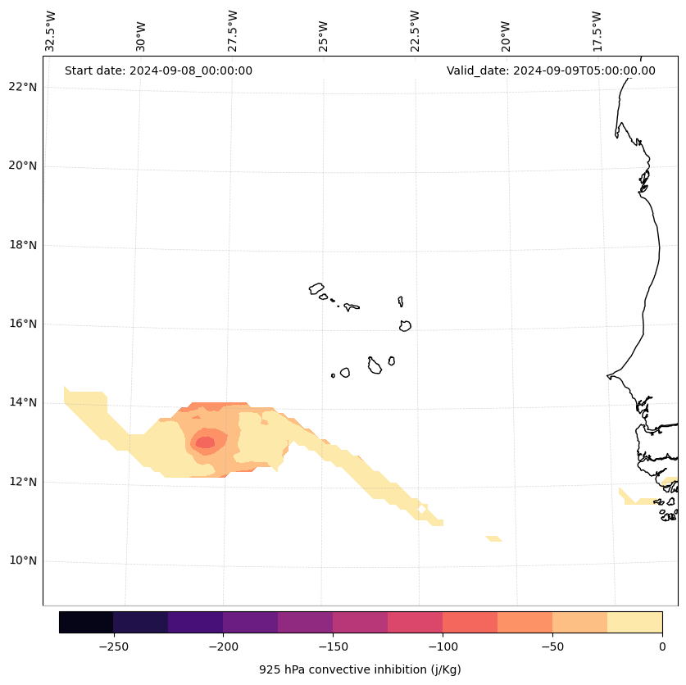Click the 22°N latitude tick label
click(23, 88)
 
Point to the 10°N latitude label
click(23, 561)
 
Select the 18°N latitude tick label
click(23, 245)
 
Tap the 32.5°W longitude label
click(51, 31)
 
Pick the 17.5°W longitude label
click(597, 31)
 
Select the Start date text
click(158, 70)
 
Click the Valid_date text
click(551, 70)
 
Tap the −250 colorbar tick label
click(113, 647)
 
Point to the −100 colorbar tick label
click(443, 647)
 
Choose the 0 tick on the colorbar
click(662, 647)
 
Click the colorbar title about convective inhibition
click(360, 669)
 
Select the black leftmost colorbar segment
click(86, 622)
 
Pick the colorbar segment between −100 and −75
click(470, 622)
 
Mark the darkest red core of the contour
click(204, 442)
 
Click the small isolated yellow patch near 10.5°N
click(493, 538)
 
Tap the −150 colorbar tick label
click(333, 647)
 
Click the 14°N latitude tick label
click(23, 403)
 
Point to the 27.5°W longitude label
click(233, 31)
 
